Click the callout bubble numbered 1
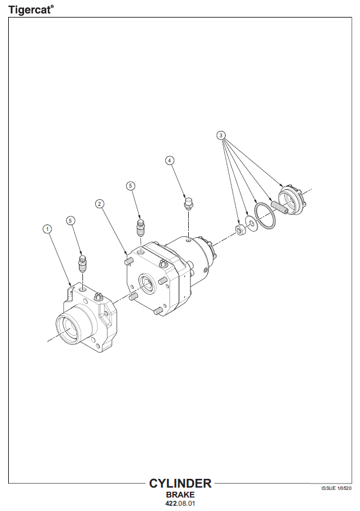[x=47, y=229]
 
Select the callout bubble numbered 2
[x=100, y=204]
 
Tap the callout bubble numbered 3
[x=221, y=135]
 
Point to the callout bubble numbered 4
[x=169, y=160]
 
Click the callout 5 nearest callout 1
[x=71, y=220]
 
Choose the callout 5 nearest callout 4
[x=130, y=186]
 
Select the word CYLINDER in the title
[x=180, y=484]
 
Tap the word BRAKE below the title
[x=180, y=495]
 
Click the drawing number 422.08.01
[x=180, y=503]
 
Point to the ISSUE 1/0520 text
[x=336, y=488]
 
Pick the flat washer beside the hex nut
[x=251, y=223]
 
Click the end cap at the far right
[x=291, y=200]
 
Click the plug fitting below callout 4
[x=188, y=203]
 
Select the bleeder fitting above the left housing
[x=83, y=263]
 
